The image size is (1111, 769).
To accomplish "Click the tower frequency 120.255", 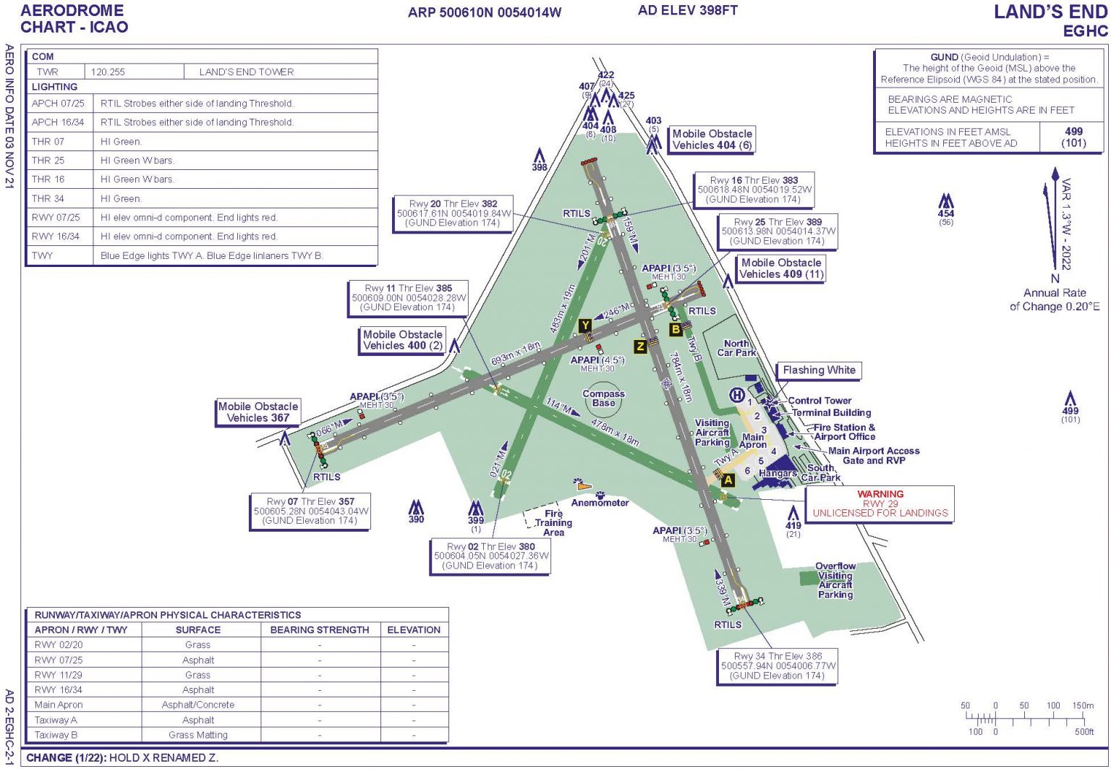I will coord(108,72).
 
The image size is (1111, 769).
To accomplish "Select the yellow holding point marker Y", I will coord(584,326).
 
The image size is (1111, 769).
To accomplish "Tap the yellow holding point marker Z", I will coord(640,347).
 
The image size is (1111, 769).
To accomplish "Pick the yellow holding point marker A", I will coord(728,480).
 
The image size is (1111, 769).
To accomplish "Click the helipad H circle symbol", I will coord(736,394).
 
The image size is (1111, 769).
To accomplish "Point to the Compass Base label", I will coord(603,399).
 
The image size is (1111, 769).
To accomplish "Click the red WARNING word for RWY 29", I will coord(880,494).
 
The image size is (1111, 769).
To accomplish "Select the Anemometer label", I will coord(600,503).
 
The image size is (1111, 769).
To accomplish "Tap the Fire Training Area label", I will coord(553,523).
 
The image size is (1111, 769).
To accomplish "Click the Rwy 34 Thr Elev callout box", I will coord(778,666).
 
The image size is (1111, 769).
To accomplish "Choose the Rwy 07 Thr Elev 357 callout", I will coord(310,511).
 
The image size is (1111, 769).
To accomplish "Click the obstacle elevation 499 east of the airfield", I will coord(1070,411).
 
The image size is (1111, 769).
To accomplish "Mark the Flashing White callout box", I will coord(819,370).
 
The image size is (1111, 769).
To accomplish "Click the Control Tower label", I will coord(820,401).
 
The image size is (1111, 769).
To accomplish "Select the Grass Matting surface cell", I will coord(198,735).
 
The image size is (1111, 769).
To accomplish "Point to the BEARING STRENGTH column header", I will coord(320,630).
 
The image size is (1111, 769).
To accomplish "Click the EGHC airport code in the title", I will coord(1085,31).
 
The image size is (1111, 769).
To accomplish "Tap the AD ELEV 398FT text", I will coord(687,10).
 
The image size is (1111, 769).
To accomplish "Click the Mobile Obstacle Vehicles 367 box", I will coord(258,412).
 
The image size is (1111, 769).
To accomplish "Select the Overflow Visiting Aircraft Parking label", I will coord(835,580).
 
